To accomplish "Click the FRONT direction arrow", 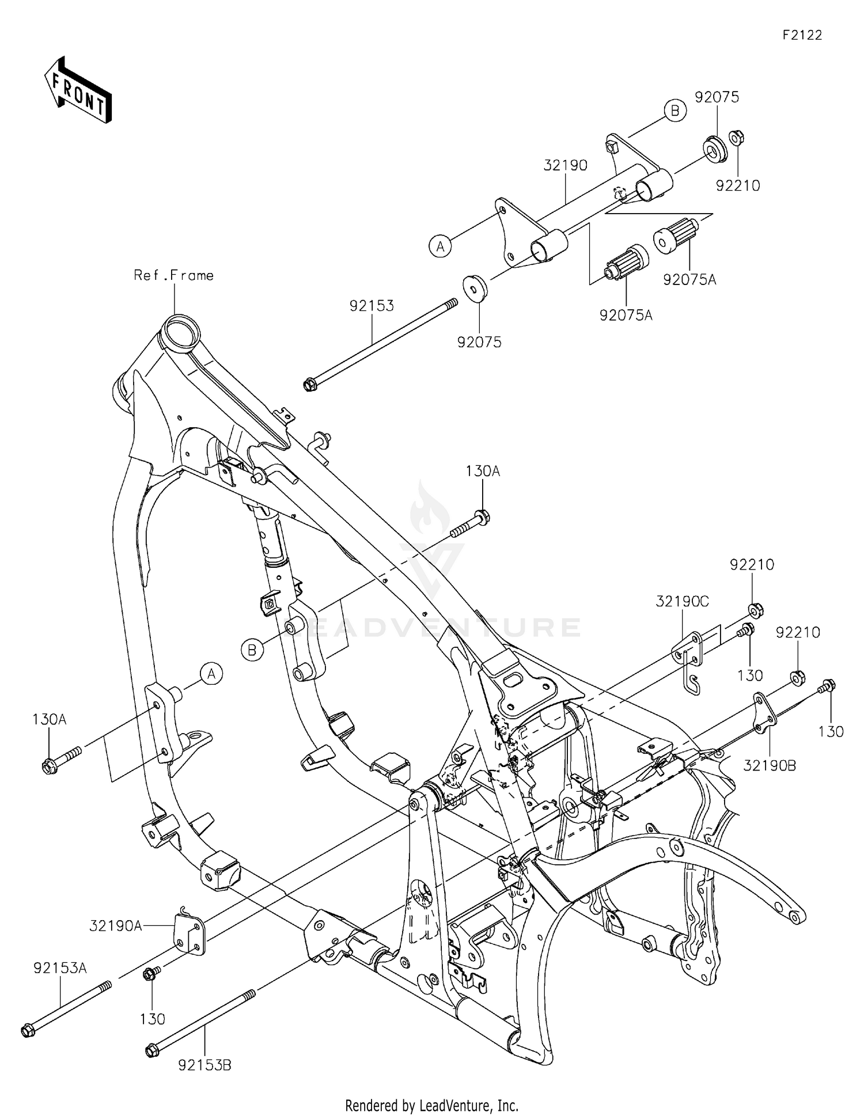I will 78,89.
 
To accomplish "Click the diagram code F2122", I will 802,35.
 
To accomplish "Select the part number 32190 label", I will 565,166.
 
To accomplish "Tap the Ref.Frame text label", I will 173,276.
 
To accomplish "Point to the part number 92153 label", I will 372,306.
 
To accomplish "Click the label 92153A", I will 60,968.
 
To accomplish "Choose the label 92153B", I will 204,1065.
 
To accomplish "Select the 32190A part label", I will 115,926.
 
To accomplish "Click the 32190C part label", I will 683,602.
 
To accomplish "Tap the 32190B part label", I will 770,765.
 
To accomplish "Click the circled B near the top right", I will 675,110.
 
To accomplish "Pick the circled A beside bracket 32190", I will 440,246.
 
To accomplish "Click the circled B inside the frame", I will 252,650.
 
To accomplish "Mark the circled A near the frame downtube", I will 211,673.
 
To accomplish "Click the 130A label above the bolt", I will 483,472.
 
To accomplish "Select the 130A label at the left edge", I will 50,719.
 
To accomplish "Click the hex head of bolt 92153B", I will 151,1051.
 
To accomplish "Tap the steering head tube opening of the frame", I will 181,330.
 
